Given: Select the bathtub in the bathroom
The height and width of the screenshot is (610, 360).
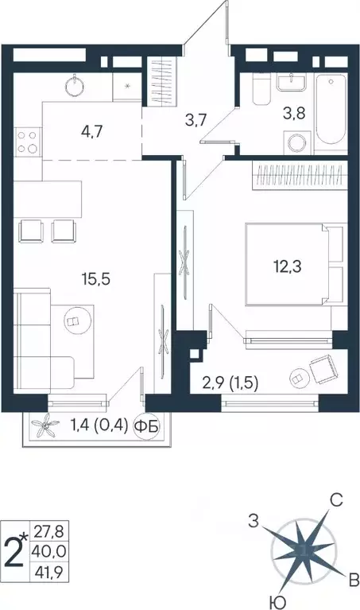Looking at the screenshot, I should pos(330,112).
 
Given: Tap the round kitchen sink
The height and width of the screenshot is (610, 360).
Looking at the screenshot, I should pos(78,84).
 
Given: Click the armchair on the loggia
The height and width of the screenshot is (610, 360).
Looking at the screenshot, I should pos(321,371).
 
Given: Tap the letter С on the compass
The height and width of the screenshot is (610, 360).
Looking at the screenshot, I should pos(336,501).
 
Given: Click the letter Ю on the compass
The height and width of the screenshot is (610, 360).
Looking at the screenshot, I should pos(274,600).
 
